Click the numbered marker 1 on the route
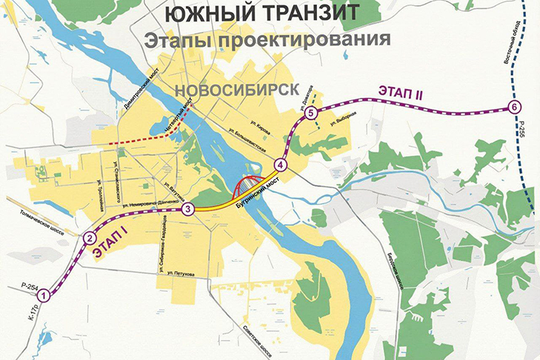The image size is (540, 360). tap(44, 296)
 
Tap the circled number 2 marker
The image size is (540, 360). tap(89, 239)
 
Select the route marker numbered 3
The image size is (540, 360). tap(188, 210)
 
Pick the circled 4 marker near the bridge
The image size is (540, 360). tap(280, 164)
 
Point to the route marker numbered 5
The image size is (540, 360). tap(311, 113)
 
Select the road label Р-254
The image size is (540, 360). tap(29, 284)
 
